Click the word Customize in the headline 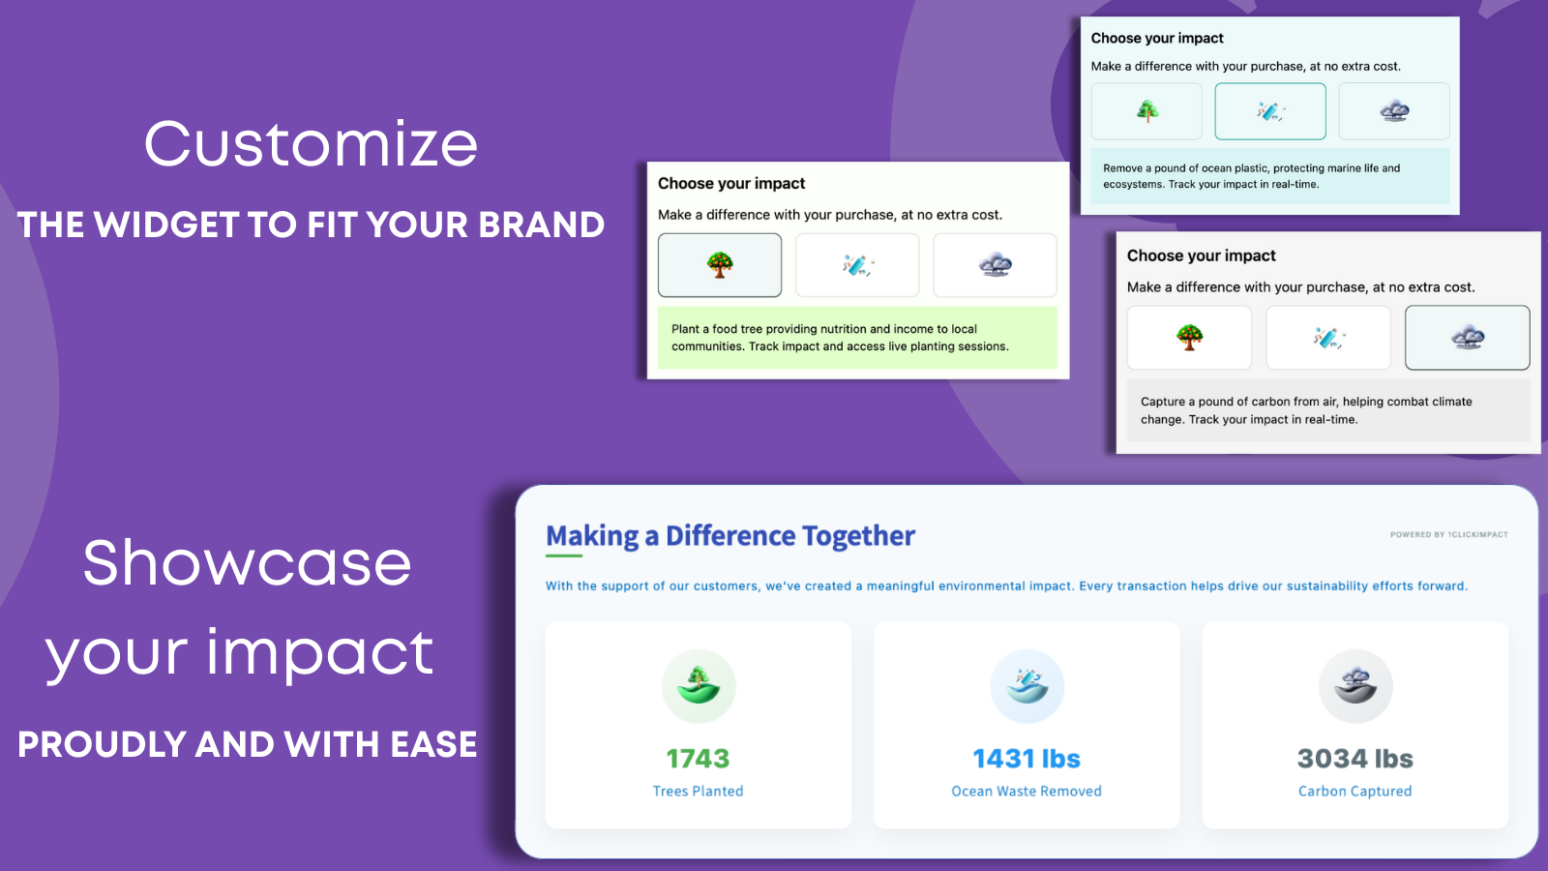311,144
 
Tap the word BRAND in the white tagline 541,225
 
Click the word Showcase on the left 248,562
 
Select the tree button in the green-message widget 720,265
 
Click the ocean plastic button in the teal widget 1270,111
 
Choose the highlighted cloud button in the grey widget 1467,338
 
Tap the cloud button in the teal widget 1394,111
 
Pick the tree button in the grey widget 1189,338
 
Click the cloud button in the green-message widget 996,265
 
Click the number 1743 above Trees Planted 698,759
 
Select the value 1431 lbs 1027,759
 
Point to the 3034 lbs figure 1355,759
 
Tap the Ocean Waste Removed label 1027,791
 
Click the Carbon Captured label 1355,791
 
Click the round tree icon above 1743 699,686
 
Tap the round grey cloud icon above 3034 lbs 1355,686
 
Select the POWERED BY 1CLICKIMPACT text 1449,534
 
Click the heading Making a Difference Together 730,536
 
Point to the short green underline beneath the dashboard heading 564,556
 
